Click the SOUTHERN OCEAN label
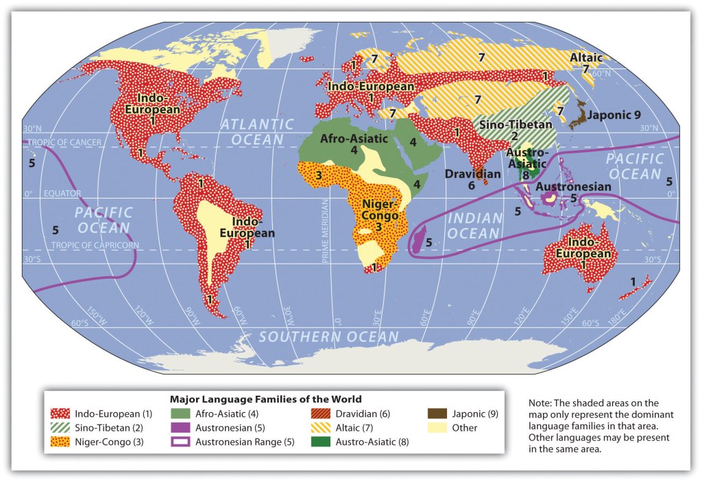coord(328,336)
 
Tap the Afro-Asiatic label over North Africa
coord(354,138)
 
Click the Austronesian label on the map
coord(573,186)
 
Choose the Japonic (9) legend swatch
coord(437,414)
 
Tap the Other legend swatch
coord(437,428)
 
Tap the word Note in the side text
coord(541,403)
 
